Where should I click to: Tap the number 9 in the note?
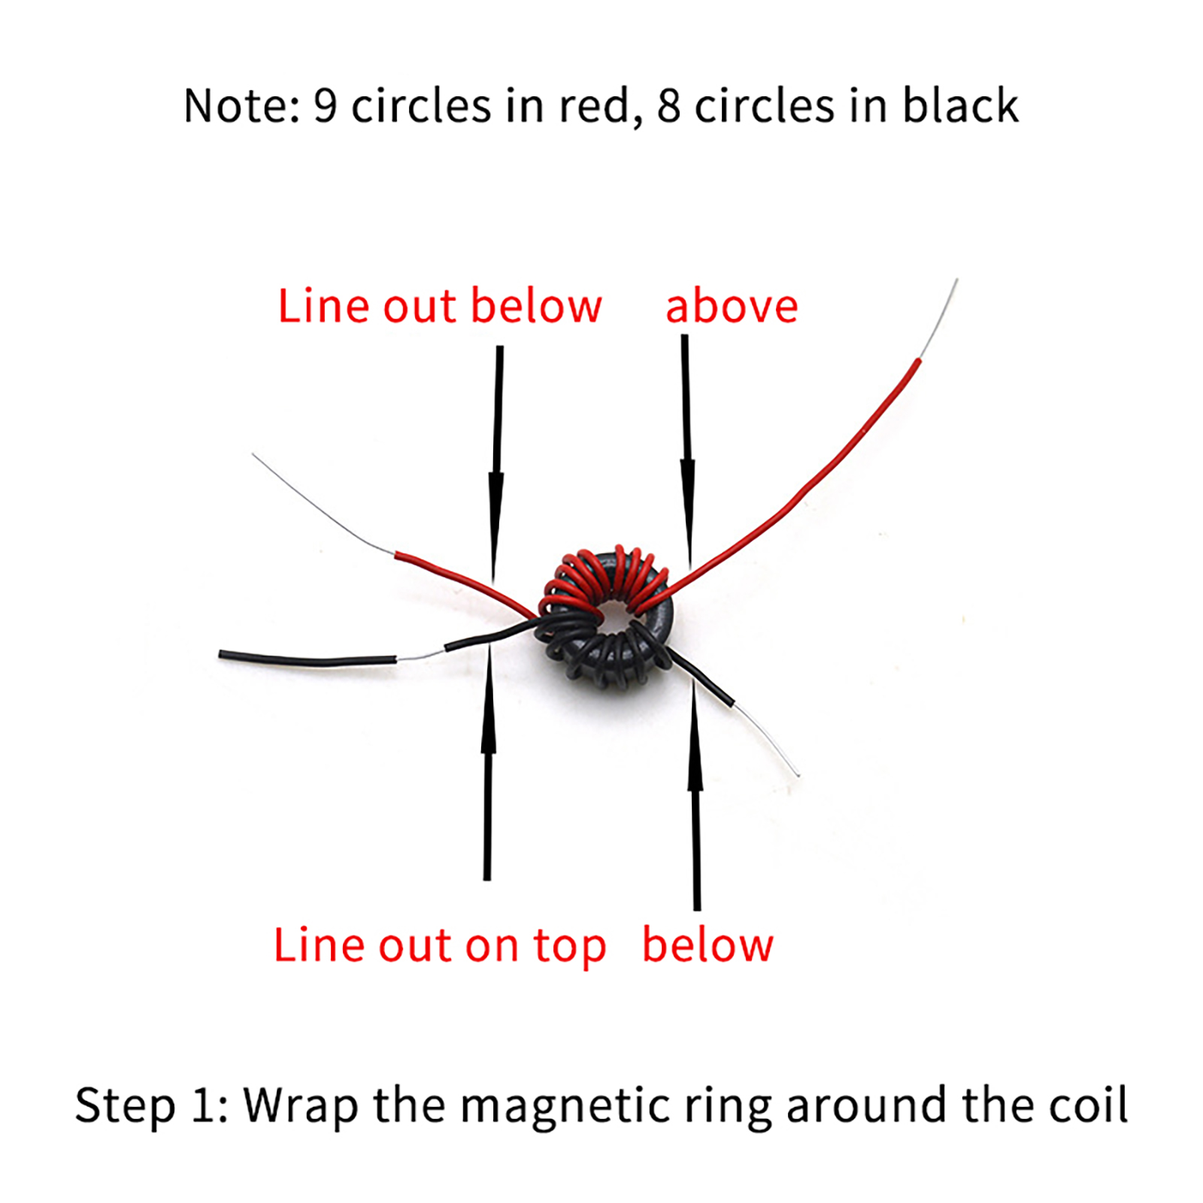coord(325,105)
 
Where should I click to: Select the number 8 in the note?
coord(668,105)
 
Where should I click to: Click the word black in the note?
coord(960,104)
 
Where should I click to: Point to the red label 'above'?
coord(732,306)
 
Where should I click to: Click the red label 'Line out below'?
coord(440,306)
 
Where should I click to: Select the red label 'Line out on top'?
coord(439,945)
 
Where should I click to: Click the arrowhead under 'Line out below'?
coord(495,526)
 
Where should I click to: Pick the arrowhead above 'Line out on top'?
coord(489,699)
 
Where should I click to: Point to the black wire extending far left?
coord(308,660)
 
